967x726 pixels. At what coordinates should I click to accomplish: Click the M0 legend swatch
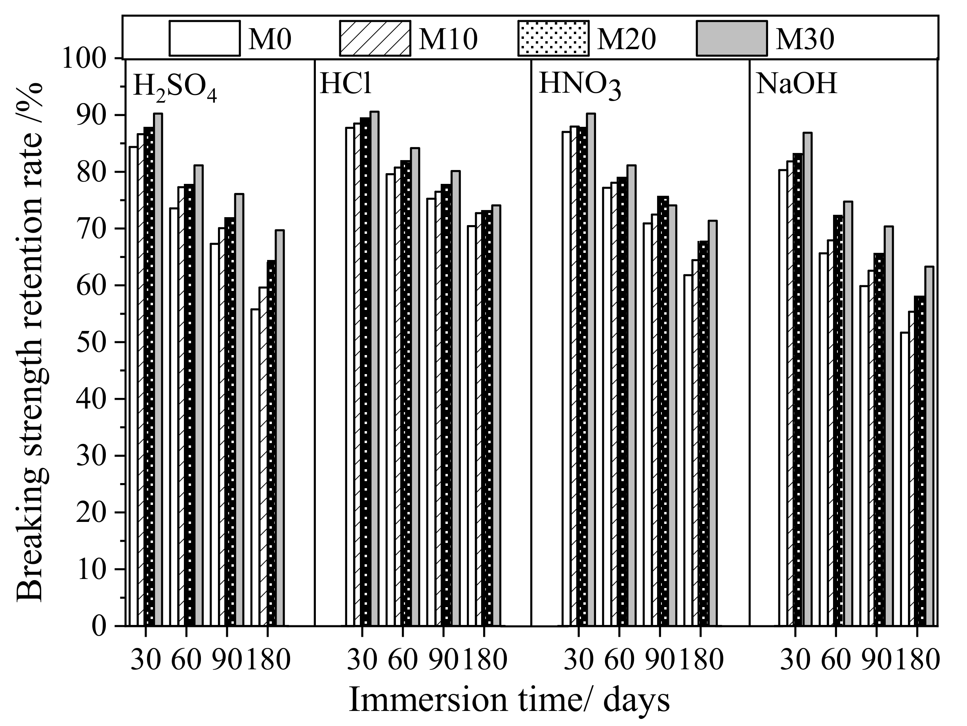(204, 38)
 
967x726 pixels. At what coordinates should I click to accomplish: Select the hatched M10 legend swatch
(375, 38)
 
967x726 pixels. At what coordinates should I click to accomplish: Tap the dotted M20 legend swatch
(553, 38)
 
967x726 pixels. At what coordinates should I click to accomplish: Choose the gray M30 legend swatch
(731, 38)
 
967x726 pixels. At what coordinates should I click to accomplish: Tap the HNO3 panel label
(579, 85)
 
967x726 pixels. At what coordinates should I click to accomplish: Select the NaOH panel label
(797, 84)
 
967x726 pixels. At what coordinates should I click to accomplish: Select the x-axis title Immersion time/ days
(509, 700)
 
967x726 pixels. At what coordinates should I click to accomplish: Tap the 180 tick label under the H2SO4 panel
(268, 659)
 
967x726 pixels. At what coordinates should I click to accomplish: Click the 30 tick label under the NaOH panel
(795, 659)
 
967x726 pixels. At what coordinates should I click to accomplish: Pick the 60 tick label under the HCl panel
(403, 659)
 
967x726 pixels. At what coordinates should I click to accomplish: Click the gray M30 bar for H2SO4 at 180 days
(280, 428)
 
